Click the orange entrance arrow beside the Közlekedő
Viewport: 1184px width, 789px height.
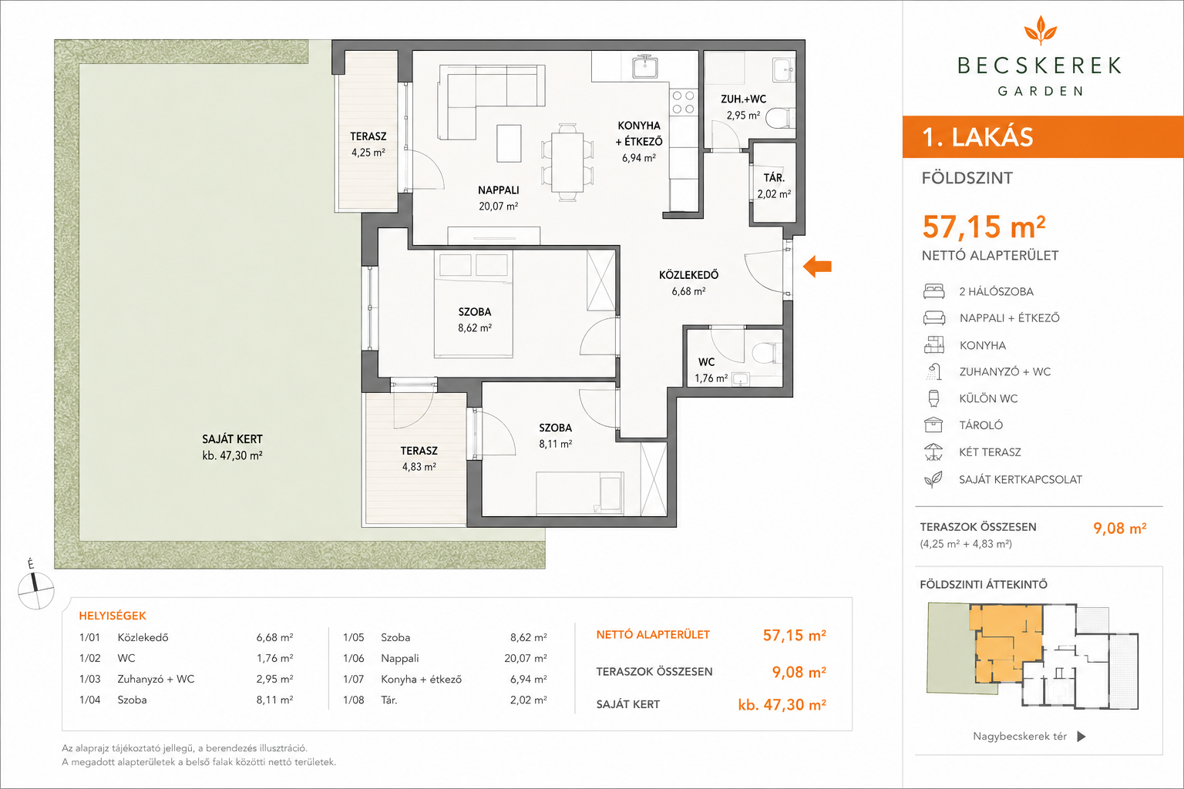[817, 267]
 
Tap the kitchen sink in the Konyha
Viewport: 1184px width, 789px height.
[645, 67]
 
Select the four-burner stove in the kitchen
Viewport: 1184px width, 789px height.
[683, 102]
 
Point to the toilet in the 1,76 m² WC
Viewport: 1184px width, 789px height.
[765, 352]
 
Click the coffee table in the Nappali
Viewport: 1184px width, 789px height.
[509, 143]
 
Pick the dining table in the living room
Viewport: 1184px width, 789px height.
[567, 163]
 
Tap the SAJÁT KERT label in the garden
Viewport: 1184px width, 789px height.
[232, 439]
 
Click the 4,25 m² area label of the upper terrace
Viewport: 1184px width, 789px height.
[368, 153]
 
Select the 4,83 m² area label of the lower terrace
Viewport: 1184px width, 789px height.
[419, 467]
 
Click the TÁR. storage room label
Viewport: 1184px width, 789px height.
[774, 178]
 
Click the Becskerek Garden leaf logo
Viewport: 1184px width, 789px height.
[1040, 29]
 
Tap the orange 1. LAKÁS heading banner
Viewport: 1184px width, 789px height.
[1043, 137]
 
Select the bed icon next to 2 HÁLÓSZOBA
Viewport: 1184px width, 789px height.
[934, 291]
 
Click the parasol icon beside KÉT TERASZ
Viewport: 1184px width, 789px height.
[933, 452]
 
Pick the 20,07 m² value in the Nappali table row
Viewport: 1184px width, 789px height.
[526, 659]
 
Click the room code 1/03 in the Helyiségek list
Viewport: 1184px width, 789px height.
[89, 679]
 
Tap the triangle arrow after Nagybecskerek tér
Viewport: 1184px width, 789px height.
[1081, 736]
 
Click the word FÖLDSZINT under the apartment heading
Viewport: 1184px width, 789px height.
[967, 178]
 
